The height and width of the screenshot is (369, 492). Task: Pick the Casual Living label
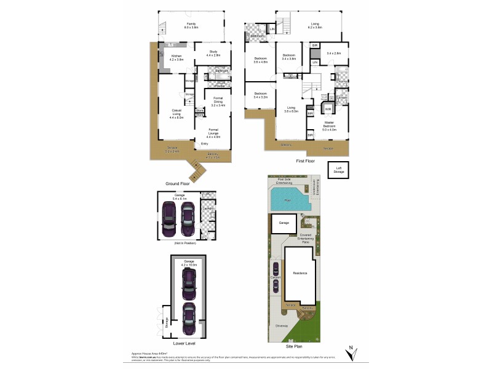(176, 114)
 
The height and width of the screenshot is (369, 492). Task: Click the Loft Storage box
(338, 171)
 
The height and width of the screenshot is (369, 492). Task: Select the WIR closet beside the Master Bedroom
(328, 109)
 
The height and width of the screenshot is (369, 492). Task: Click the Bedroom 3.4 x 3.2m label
(259, 97)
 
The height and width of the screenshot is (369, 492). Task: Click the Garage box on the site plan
(284, 223)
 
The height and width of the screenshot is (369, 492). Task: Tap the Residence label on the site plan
(300, 273)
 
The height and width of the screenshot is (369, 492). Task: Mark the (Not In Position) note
(183, 244)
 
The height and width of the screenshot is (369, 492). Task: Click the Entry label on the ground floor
(204, 144)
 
